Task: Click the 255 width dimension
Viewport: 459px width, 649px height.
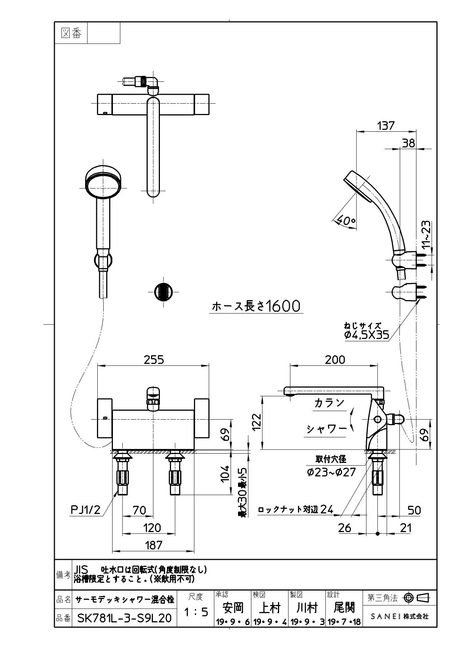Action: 154,360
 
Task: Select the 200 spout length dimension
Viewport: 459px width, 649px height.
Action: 335,360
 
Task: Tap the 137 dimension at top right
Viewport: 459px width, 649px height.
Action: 386,125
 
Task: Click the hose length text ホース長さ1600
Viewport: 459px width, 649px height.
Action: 256,306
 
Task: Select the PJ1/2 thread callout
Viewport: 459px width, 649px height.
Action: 86,510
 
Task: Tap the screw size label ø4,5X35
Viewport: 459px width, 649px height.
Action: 366,335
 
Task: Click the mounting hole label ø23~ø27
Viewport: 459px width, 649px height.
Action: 331,472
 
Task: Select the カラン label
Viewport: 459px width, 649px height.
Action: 329,403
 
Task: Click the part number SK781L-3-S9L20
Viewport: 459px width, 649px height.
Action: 124,618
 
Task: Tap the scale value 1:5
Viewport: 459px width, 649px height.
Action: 196,612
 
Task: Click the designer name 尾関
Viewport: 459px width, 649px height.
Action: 344,607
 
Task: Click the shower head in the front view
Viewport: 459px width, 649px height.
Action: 103,181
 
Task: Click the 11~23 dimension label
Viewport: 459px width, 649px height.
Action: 426,234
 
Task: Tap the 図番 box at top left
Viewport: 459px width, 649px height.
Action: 71,33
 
